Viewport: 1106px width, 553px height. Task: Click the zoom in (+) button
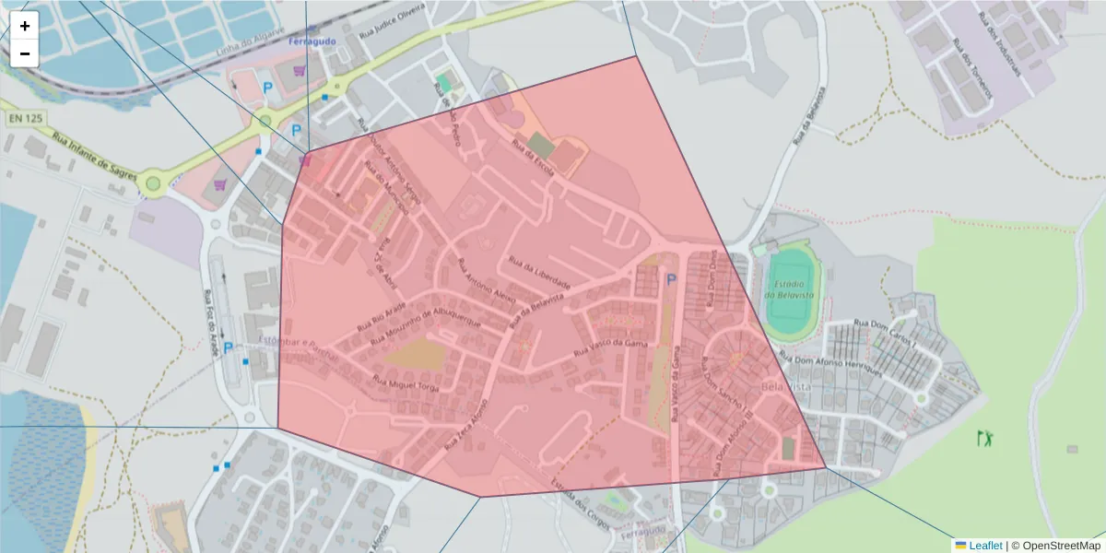click(25, 26)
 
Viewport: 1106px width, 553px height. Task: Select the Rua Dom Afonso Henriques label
click(831, 366)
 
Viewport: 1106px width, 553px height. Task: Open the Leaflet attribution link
click(985, 546)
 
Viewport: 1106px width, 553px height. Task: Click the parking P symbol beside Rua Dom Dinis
click(671, 280)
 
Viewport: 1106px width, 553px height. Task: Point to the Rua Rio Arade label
click(380, 318)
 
